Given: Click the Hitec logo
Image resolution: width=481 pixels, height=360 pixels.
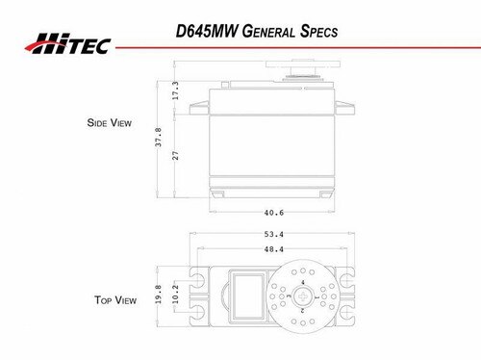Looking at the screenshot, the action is coord(68,43).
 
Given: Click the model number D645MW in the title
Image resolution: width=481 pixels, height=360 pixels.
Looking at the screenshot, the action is coord(207,31).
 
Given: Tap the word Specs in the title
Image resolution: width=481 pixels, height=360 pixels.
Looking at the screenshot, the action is coord(318,32).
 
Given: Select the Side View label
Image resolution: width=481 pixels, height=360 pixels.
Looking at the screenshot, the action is coord(110,122).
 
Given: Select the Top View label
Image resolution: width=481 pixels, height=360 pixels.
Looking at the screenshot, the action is coord(115,300).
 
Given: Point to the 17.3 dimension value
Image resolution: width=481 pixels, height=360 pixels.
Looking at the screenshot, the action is coord(175,90).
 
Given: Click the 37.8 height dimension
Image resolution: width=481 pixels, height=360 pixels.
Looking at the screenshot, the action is coord(158,137).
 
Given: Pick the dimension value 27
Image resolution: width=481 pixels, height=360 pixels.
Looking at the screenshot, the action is coord(175,156).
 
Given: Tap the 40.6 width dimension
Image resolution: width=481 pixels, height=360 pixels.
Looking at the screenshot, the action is coord(274,213).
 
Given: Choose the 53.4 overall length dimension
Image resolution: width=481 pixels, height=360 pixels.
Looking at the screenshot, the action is coord(274,234).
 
